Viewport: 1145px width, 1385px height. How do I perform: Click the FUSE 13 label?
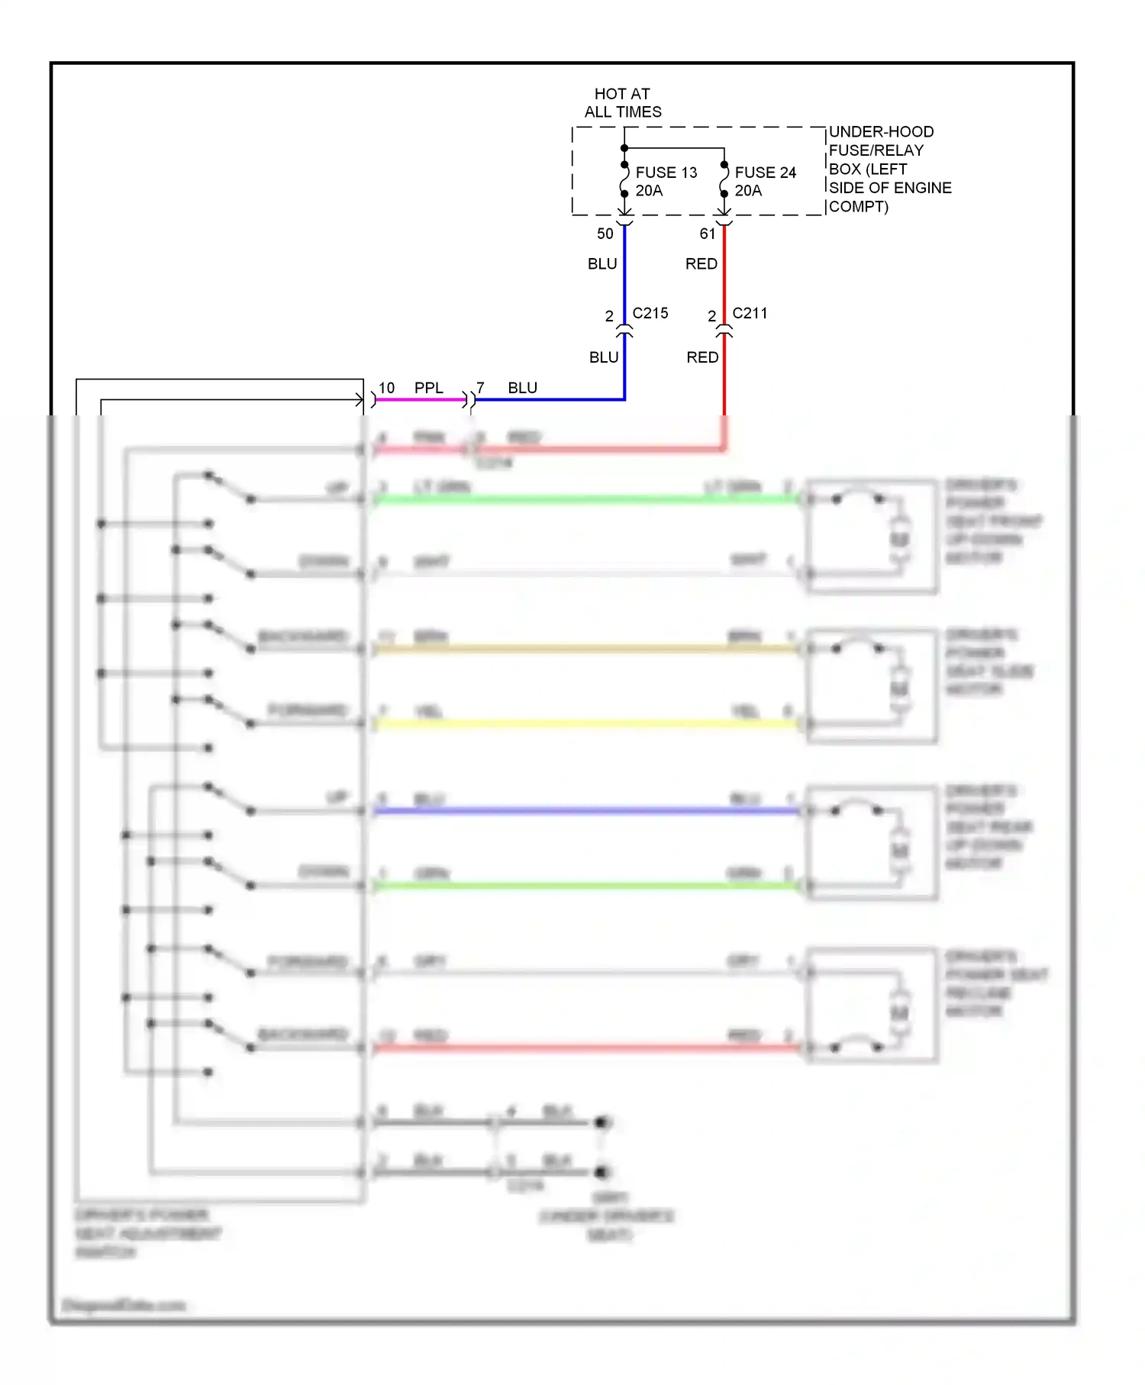coord(666,173)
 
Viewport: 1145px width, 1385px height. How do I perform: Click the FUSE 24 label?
coord(765,173)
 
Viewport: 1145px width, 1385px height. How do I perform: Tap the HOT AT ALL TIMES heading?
coord(623,103)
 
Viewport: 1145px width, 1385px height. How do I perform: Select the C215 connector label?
coord(650,313)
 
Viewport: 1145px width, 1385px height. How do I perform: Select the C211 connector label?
coord(750,313)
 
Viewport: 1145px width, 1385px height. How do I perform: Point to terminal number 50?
coord(605,234)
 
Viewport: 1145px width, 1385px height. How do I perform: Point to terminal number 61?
coord(708,234)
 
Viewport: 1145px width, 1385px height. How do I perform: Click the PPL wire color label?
coord(428,388)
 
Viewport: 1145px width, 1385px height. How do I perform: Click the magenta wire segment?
coord(420,399)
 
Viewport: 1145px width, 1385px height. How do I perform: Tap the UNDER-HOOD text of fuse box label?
coord(881,132)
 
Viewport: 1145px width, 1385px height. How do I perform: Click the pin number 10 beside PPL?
coord(387,388)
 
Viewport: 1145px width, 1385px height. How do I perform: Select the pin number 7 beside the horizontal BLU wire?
coord(480,388)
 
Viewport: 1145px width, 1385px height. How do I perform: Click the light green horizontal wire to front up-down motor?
coord(588,499)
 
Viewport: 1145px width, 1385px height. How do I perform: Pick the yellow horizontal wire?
coord(588,723)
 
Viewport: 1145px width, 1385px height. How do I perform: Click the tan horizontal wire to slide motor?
coord(588,649)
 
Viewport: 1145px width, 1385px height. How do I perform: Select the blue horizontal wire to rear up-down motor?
coord(588,811)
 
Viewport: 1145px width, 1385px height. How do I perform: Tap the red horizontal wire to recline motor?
coord(588,1048)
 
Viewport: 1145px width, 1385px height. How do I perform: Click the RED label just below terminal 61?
coord(701,264)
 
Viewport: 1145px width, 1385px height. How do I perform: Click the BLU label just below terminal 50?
coord(602,264)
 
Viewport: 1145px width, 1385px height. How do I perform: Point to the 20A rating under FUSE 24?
coord(748,191)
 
